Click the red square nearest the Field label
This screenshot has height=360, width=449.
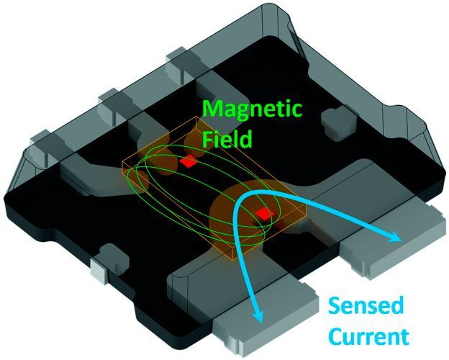[189, 163]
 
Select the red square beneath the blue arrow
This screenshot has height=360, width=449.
[264, 214]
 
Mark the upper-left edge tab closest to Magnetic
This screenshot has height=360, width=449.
[179, 61]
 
